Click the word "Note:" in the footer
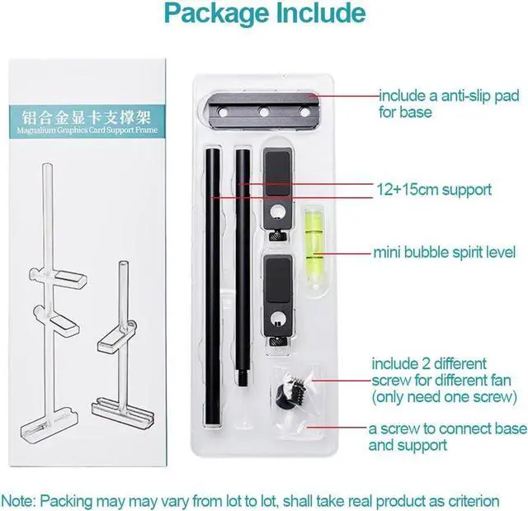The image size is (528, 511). [x=21, y=500]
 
